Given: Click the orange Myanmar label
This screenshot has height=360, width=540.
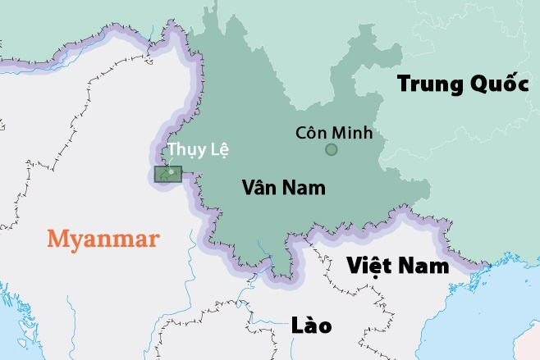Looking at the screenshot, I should (x=103, y=239).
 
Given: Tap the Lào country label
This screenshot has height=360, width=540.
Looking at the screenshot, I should (x=312, y=326).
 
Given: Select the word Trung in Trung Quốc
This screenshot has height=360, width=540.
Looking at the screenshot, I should (x=427, y=84).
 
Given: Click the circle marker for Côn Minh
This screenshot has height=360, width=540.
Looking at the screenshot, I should (x=331, y=149).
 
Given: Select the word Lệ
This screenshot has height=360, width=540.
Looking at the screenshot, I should (x=217, y=150).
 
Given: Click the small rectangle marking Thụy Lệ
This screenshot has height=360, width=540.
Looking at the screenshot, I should (x=167, y=175).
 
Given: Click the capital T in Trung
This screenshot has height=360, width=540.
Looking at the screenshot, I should (x=404, y=84).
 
